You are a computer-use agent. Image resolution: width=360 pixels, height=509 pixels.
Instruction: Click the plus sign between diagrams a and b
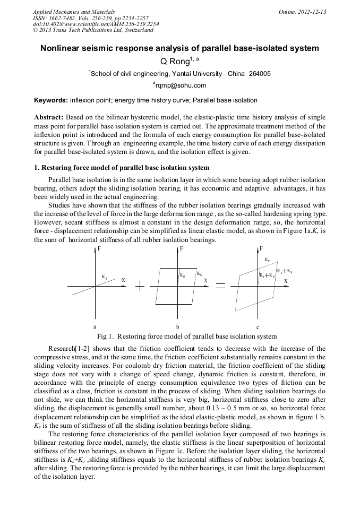point(140,286)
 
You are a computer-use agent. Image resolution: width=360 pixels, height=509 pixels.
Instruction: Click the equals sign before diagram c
point(220,286)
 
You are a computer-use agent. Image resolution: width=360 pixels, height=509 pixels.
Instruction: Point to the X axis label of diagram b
point(205,280)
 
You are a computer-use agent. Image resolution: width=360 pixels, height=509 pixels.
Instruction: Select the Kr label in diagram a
point(105,277)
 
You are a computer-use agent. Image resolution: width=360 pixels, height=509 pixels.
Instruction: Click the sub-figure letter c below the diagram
point(258,327)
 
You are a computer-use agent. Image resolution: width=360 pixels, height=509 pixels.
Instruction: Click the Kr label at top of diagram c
point(267,260)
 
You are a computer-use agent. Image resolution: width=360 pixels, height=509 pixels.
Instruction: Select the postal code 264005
point(260,74)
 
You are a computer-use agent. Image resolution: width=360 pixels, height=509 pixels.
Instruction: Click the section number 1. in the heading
point(37,168)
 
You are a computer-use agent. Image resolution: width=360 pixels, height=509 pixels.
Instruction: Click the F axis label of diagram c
point(261,248)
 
